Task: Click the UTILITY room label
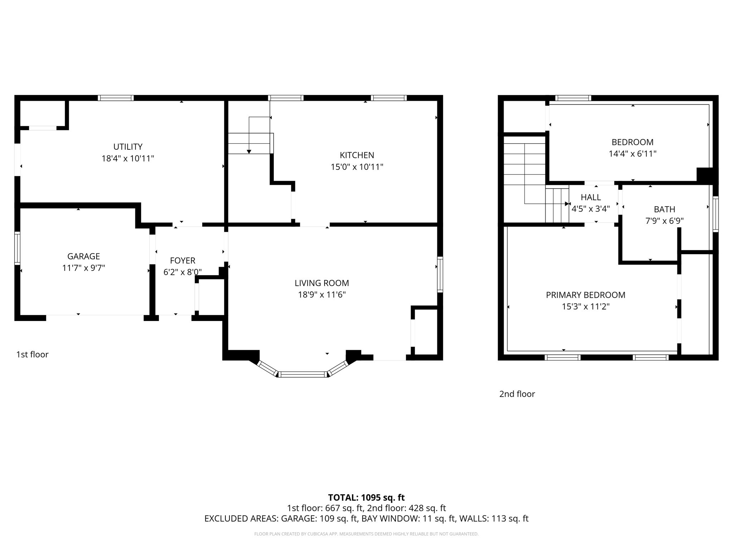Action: point(128,147)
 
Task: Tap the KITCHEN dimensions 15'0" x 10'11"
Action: point(357,167)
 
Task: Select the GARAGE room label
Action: point(83,256)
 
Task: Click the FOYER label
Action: point(183,261)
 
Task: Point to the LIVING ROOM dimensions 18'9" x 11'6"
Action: point(322,295)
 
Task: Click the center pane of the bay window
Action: point(303,374)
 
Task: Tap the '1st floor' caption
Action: point(32,354)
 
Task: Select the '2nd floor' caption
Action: point(517,394)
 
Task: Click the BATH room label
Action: point(664,209)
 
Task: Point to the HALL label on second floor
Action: point(591,197)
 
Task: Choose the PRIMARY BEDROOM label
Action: point(586,295)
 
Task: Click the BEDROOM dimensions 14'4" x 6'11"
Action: point(632,154)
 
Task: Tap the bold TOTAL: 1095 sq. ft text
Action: point(366,498)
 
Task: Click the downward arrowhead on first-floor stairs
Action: point(249,152)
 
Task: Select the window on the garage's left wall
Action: point(17,248)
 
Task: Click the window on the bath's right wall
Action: point(715,214)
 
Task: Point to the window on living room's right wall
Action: point(440,274)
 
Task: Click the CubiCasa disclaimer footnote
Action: point(366,534)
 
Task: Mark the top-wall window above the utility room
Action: point(116,98)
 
